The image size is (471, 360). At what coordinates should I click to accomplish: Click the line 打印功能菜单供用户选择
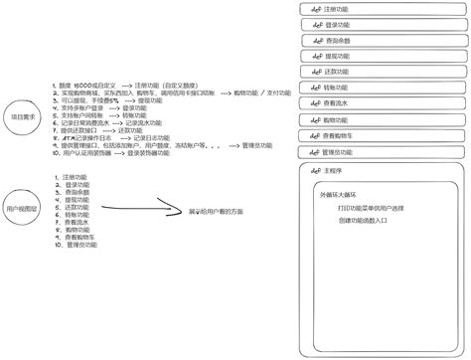point(371,208)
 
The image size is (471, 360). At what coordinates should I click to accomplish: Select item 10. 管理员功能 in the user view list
point(78,245)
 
